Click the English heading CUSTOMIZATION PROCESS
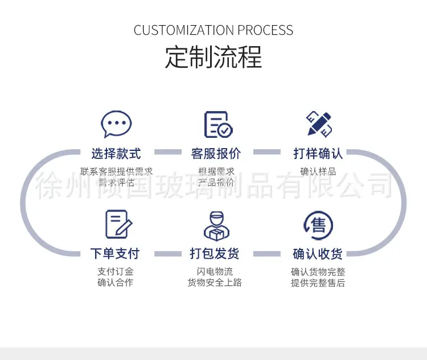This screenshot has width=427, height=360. click(x=213, y=30)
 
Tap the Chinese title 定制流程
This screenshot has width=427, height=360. click(x=213, y=57)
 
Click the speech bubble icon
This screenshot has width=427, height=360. click(x=116, y=124)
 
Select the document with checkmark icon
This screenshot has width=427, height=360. click(x=219, y=124)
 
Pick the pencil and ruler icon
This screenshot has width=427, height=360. click(x=319, y=124)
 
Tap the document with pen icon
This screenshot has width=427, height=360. click(x=119, y=224)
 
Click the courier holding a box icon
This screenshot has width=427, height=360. click(x=216, y=226)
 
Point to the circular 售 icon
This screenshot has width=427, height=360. click(x=318, y=225)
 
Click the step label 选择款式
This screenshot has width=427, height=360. click(x=116, y=153)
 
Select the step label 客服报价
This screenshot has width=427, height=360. click(x=216, y=153)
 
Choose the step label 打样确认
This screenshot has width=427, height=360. click(x=318, y=153)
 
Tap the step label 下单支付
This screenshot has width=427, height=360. click(x=115, y=253)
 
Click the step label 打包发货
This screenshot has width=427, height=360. click(x=215, y=253)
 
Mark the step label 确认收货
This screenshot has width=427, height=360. click(x=318, y=253)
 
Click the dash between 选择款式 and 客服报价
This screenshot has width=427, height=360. click(x=168, y=152)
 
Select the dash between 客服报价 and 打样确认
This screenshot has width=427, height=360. click(x=267, y=152)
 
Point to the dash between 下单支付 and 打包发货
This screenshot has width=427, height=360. click(x=168, y=254)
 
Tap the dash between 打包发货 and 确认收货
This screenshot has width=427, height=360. click(x=267, y=254)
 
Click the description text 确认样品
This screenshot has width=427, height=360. click(x=318, y=171)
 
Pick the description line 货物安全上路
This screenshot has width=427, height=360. click(x=215, y=283)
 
